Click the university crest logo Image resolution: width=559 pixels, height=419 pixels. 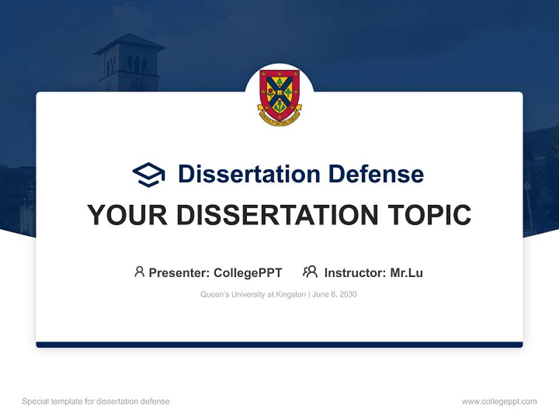(279, 95)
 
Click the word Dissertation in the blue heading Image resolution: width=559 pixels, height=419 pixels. (249, 174)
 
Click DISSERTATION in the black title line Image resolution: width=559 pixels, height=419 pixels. (276, 215)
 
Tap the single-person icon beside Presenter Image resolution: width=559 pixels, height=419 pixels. (139, 272)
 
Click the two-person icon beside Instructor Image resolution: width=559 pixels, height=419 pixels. (310, 272)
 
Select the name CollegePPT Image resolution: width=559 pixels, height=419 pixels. (248, 272)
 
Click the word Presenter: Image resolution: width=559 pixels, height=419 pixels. (179, 272)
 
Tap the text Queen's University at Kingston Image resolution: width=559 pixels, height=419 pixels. (253, 294)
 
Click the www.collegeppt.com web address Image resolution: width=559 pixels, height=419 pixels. (499, 402)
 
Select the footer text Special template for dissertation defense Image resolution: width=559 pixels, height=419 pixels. (96, 402)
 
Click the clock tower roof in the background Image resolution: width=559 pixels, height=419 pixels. (129, 44)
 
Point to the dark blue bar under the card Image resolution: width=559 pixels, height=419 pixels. (279, 345)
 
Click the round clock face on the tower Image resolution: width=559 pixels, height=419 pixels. (138, 86)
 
